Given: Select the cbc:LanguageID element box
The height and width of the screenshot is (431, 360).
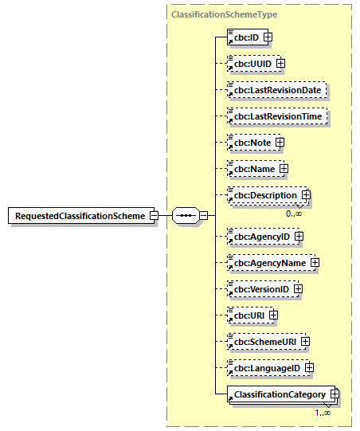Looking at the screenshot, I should (265, 368).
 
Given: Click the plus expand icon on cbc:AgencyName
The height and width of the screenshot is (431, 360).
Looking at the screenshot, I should (315, 262).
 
